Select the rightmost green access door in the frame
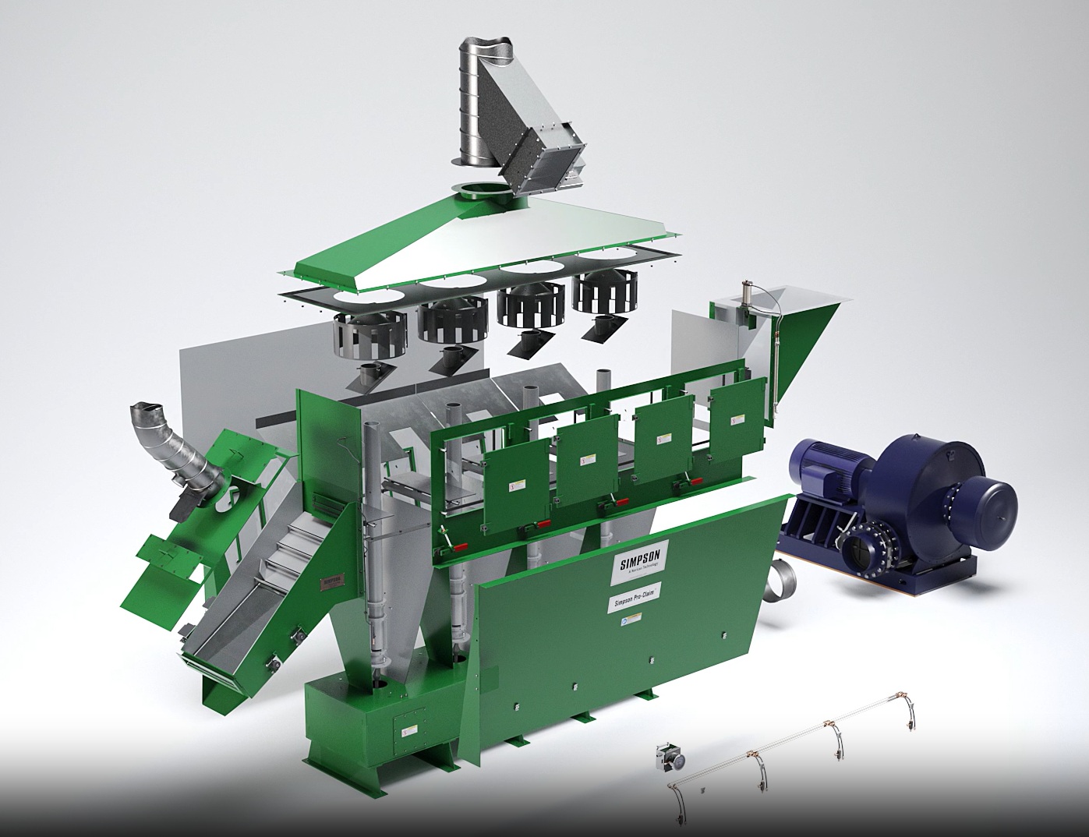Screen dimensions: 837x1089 pos(737,422)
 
